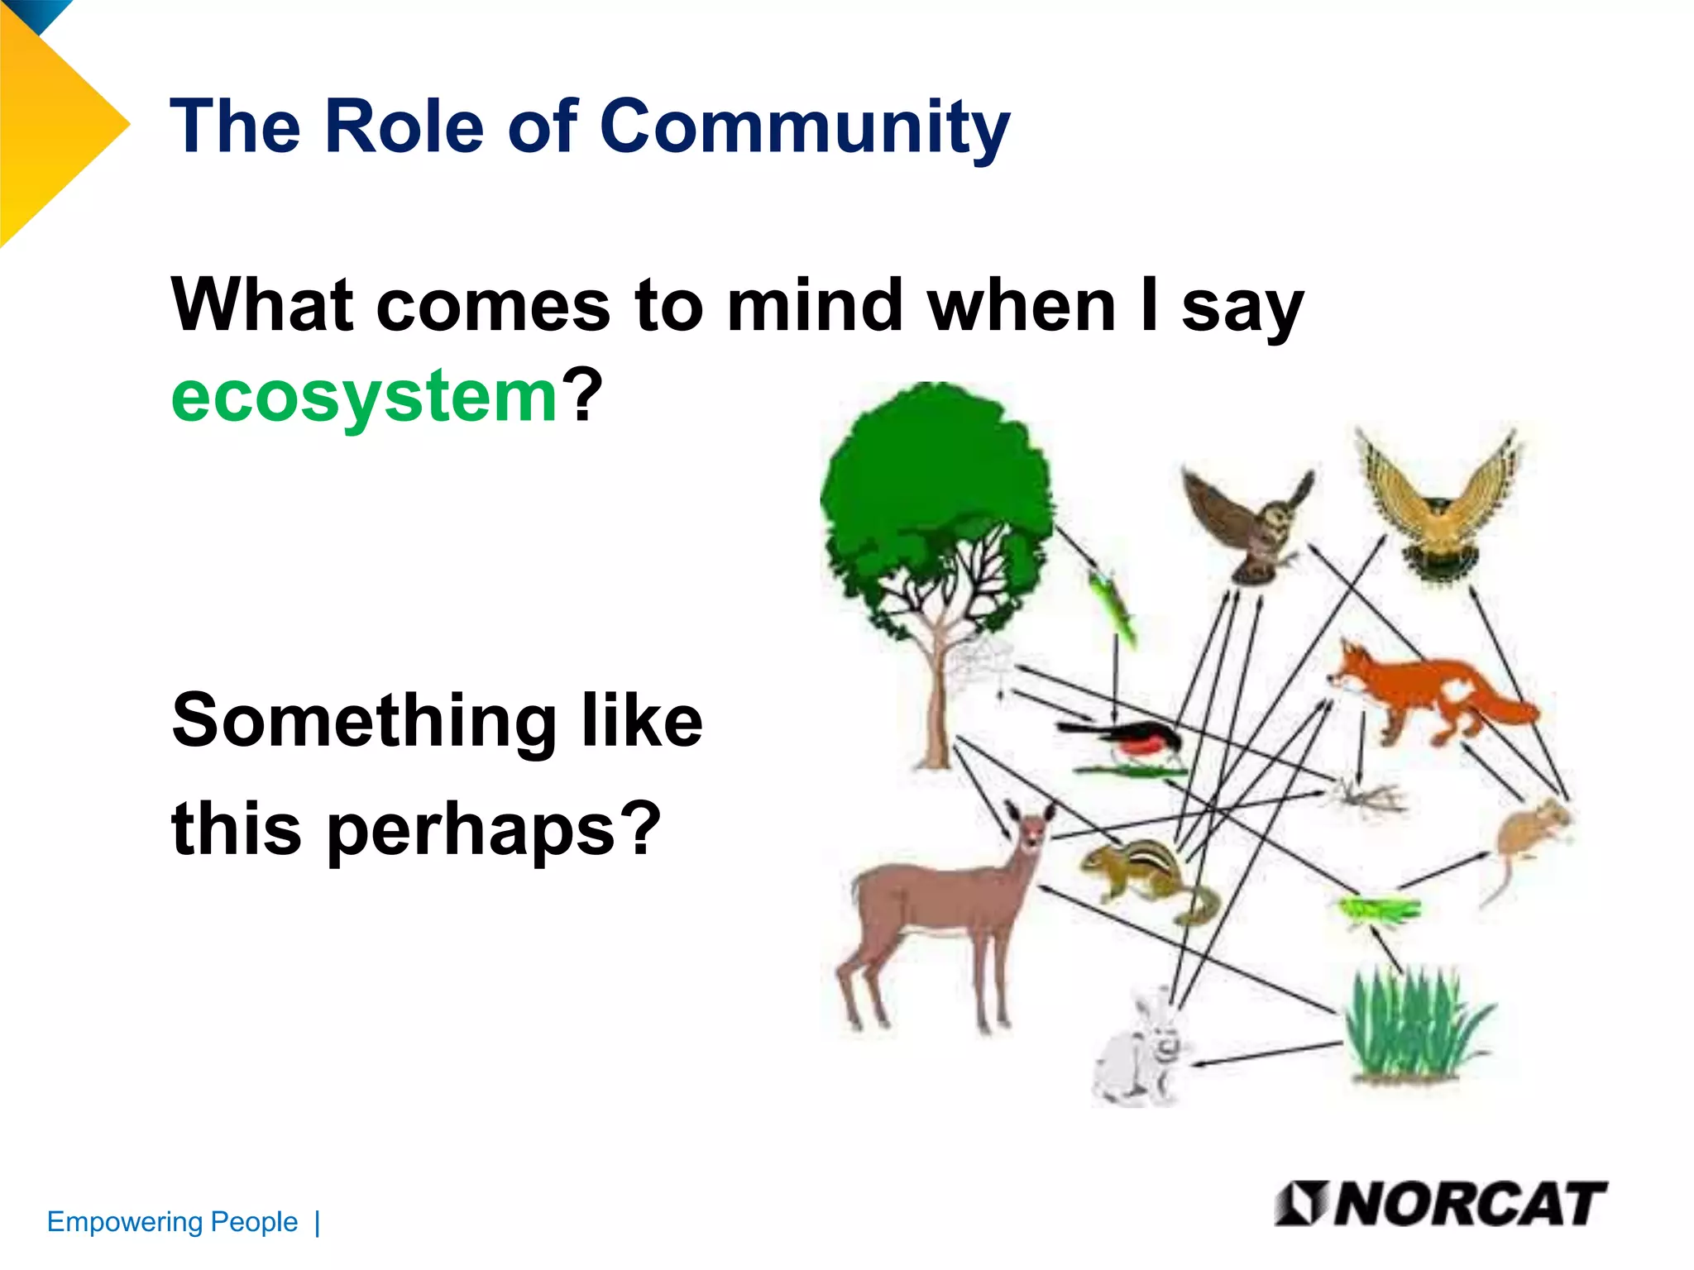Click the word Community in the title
tap(804, 126)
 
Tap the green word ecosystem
tap(365, 396)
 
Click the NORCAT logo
tap(1440, 1204)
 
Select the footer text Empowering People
tap(172, 1221)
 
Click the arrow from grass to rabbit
tap(1266, 1054)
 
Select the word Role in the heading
tap(404, 126)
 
